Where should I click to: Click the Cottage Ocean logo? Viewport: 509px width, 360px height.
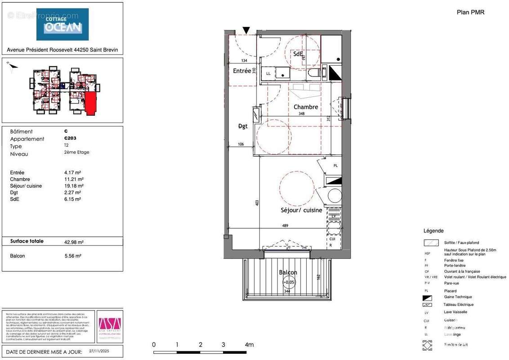63,24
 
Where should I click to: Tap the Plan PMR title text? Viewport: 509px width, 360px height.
470,13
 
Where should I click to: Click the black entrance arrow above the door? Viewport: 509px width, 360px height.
246,30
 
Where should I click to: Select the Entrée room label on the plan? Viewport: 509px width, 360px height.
242,71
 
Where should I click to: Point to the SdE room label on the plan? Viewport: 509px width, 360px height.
298,54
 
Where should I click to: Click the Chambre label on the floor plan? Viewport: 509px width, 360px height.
306,107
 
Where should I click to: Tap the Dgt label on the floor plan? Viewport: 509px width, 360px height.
243,126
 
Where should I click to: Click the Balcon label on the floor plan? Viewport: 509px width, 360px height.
288,272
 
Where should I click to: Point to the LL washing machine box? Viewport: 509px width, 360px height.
268,73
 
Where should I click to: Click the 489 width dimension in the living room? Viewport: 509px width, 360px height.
285,226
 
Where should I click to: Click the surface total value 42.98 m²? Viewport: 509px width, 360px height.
74,242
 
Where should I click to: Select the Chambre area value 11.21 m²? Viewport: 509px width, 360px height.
74,179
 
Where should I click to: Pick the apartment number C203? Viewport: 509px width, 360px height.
70,139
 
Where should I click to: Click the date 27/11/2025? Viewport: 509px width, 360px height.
98,350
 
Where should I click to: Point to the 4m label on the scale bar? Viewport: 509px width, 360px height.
249,345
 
